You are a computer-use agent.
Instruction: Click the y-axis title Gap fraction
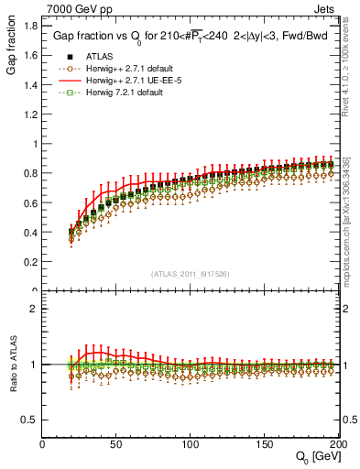tap(12, 47)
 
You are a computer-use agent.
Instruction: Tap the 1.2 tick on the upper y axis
tap(30, 114)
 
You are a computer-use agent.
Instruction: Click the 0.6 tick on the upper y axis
tap(30, 202)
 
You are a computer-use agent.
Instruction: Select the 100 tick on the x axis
tap(191, 444)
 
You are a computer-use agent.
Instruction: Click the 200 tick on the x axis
tap(337, 444)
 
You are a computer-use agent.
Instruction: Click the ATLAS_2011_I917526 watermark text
tap(190, 274)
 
